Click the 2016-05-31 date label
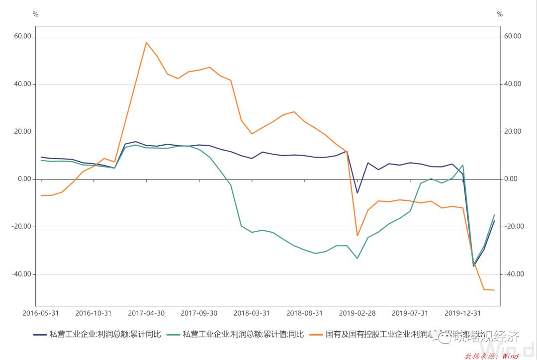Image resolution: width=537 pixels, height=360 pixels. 41,313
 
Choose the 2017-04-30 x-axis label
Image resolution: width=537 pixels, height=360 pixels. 146,313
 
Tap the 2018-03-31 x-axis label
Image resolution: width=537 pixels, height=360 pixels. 252,313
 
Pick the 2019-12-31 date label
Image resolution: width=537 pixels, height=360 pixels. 462,313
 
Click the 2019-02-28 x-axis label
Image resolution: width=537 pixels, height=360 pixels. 357,313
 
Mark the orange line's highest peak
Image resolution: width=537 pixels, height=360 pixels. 146,42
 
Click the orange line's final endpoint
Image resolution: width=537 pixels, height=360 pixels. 494,290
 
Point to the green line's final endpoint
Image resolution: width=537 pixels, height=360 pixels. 494,215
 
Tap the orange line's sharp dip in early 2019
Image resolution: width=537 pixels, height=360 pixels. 357,236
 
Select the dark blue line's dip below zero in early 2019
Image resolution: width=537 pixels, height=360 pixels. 357,193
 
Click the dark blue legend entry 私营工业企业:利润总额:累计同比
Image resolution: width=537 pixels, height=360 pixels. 105,334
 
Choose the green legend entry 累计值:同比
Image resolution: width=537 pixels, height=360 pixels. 243,334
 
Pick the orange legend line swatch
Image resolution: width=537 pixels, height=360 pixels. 316,334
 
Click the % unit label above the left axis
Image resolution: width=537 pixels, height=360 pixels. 35,14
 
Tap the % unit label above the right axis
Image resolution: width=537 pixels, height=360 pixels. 500,14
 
